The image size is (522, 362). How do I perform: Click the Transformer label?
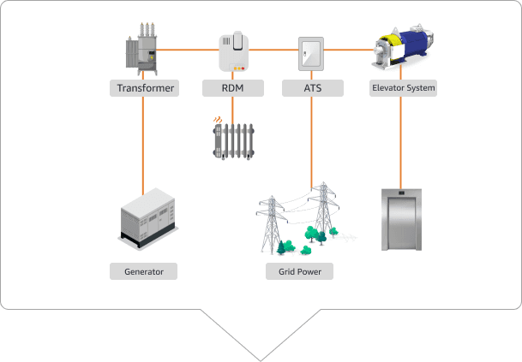point(144,87)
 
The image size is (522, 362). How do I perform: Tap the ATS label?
point(312,87)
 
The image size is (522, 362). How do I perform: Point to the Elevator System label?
point(403,87)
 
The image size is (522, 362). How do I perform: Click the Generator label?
point(143,271)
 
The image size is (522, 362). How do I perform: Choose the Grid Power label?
point(299,271)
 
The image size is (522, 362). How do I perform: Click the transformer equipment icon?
point(143,51)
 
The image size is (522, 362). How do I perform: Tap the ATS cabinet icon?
point(312,53)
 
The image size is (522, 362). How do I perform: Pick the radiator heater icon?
point(235,141)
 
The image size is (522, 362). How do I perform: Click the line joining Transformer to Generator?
point(143,145)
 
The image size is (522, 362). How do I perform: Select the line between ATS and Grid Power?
point(312,137)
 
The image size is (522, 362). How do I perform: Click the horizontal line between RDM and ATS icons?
point(274,50)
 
